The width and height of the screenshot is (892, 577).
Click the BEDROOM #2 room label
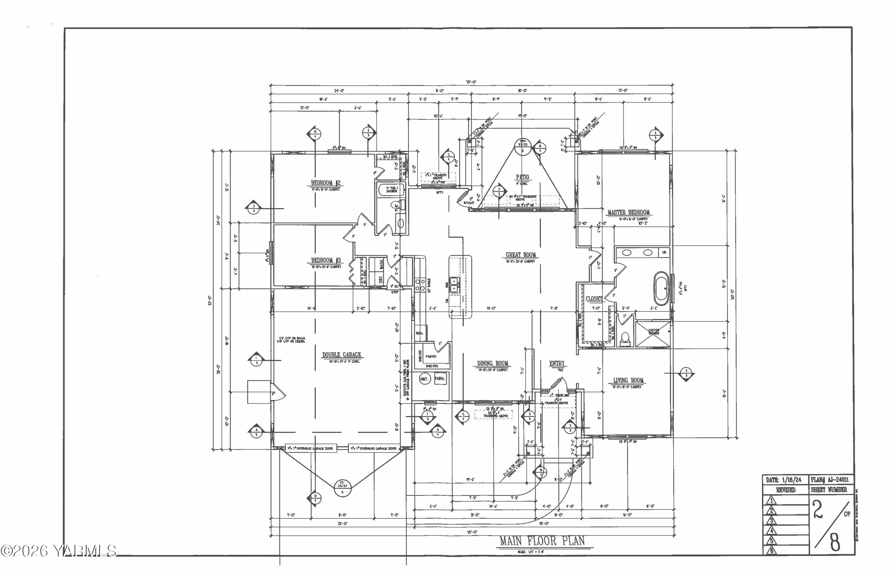pyautogui.click(x=326, y=183)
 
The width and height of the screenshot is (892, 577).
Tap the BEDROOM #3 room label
pyautogui.click(x=326, y=260)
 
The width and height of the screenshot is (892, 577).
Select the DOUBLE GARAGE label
pyautogui.click(x=341, y=354)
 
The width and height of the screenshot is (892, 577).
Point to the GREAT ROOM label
pyautogui.click(x=521, y=255)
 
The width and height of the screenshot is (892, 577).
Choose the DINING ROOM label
pyautogui.click(x=492, y=363)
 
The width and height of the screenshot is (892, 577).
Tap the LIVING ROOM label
pyautogui.click(x=628, y=380)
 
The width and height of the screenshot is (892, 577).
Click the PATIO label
pyautogui.click(x=522, y=177)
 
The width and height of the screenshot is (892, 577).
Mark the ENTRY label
pyautogui.click(x=557, y=363)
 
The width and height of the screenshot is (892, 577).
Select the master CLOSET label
pyautogui.click(x=594, y=299)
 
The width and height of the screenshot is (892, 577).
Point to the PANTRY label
pyautogui.click(x=431, y=356)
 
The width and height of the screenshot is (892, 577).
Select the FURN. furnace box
pyautogui.click(x=440, y=378)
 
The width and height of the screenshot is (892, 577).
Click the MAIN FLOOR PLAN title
pyautogui.click(x=542, y=541)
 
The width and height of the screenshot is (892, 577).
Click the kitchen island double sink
pyautogui.click(x=454, y=284)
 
